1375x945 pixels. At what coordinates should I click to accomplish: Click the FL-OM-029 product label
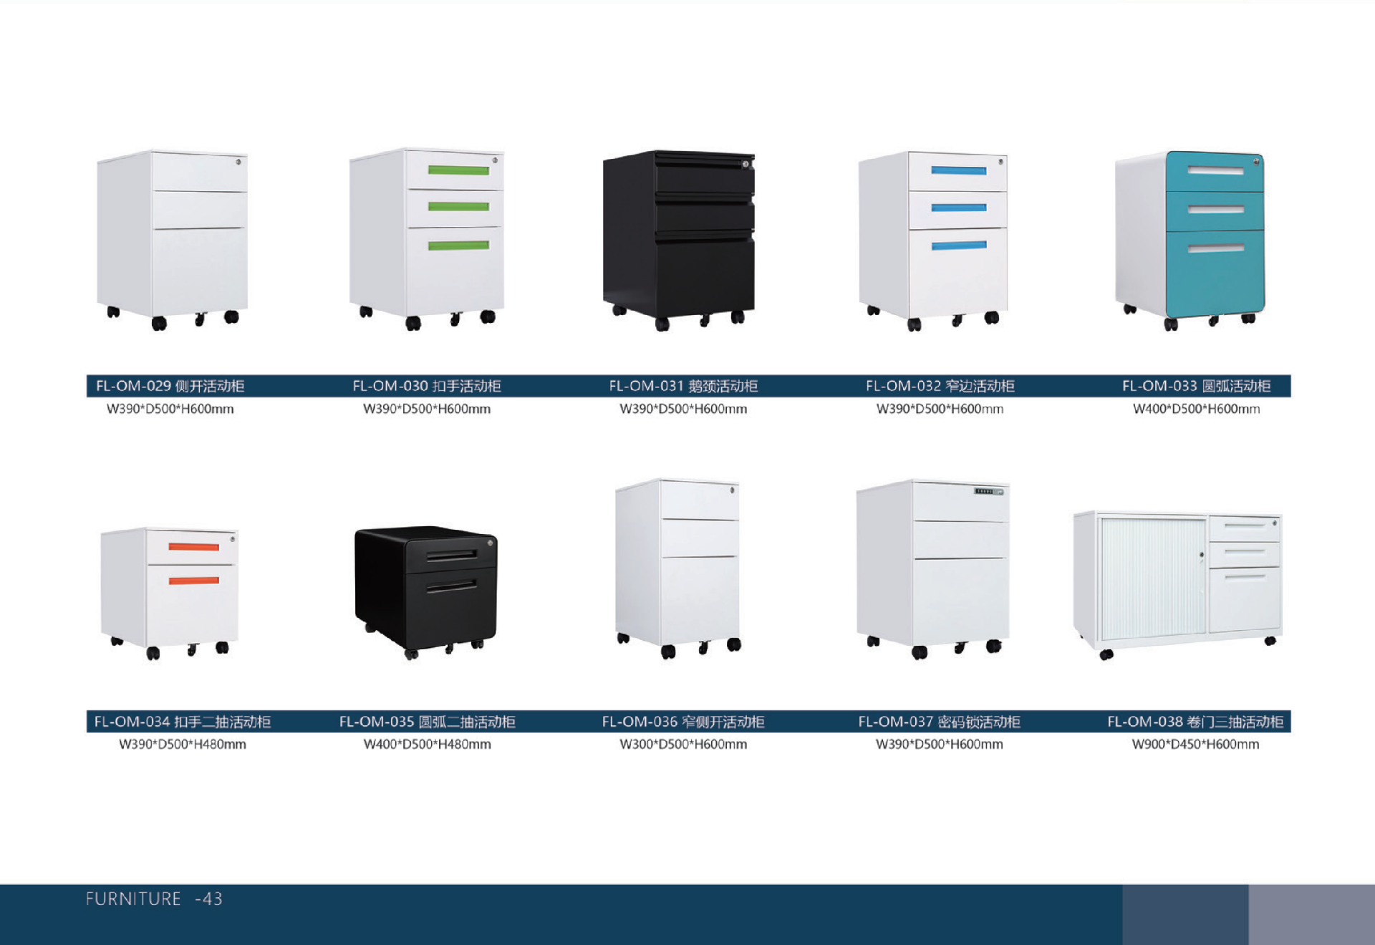coord(170,386)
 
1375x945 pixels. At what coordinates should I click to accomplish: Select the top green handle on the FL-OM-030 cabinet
coord(458,170)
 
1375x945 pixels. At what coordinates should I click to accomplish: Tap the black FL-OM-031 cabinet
coord(679,236)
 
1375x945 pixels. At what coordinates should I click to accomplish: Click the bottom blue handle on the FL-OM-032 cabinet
coord(958,246)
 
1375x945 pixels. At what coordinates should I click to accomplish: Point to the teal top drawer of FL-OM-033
coord(1215,172)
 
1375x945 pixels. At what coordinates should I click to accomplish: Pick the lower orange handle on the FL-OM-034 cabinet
coord(193,580)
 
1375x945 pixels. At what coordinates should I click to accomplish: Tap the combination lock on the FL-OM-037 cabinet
coord(988,492)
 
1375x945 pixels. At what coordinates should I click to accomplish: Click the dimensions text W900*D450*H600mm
coord(1195,745)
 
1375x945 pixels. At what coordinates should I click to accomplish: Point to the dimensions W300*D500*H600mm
coord(682,745)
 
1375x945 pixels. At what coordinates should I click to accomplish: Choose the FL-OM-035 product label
coord(427,722)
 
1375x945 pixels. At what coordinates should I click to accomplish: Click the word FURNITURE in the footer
coord(133,899)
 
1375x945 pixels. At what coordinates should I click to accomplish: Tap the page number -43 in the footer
coord(208,899)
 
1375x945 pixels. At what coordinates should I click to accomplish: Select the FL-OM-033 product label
coord(1196,386)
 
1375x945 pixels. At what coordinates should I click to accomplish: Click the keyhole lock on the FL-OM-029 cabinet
coord(238,162)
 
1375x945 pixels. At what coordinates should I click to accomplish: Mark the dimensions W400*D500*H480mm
coord(427,745)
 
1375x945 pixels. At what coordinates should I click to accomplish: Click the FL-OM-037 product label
coord(939,722)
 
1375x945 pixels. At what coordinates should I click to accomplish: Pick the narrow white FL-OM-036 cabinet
coord(677,566)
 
